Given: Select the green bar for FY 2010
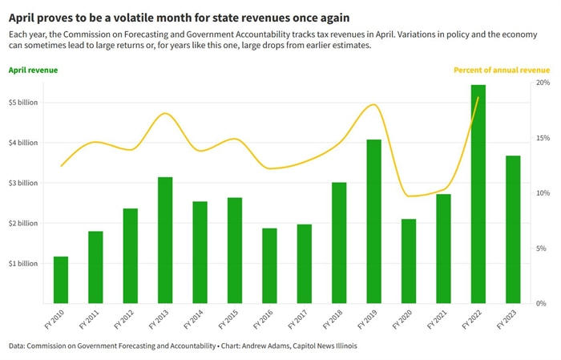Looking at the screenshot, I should click(x=61, y=280).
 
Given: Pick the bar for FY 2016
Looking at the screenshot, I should click(x=269, y=265).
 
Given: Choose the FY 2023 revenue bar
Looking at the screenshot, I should click(x=513, y=229).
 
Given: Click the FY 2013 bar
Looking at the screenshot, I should click(x=165, y=240).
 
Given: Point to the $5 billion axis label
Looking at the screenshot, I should click(x=23, y=103).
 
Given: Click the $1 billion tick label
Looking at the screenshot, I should click(x=23, y=263).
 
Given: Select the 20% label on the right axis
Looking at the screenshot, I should click(x=542, y=83).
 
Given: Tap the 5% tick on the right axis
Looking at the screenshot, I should click(x=543, y=249).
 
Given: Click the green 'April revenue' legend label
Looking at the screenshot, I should click(x=33, y=70).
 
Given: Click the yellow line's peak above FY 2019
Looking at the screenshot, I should click(x=373, y=104).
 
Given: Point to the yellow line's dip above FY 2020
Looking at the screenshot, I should click(x=409, y=196).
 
